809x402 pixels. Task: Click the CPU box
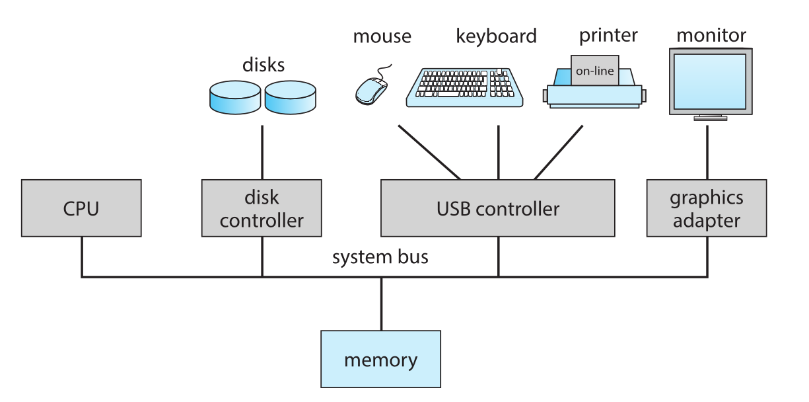[81, 208]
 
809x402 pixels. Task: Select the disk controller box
[262, 208]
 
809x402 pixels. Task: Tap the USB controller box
[497, 208]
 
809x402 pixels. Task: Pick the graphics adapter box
[707, 208]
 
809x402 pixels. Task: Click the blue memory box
[380, 359]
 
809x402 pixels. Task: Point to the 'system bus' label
[380, 257]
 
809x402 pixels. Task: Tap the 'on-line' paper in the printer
[595, 71]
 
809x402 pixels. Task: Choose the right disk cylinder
[290, 97]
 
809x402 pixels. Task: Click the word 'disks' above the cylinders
[264, 65]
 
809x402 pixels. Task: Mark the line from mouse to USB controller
[429, 152]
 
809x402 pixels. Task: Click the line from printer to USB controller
[559, 152]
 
